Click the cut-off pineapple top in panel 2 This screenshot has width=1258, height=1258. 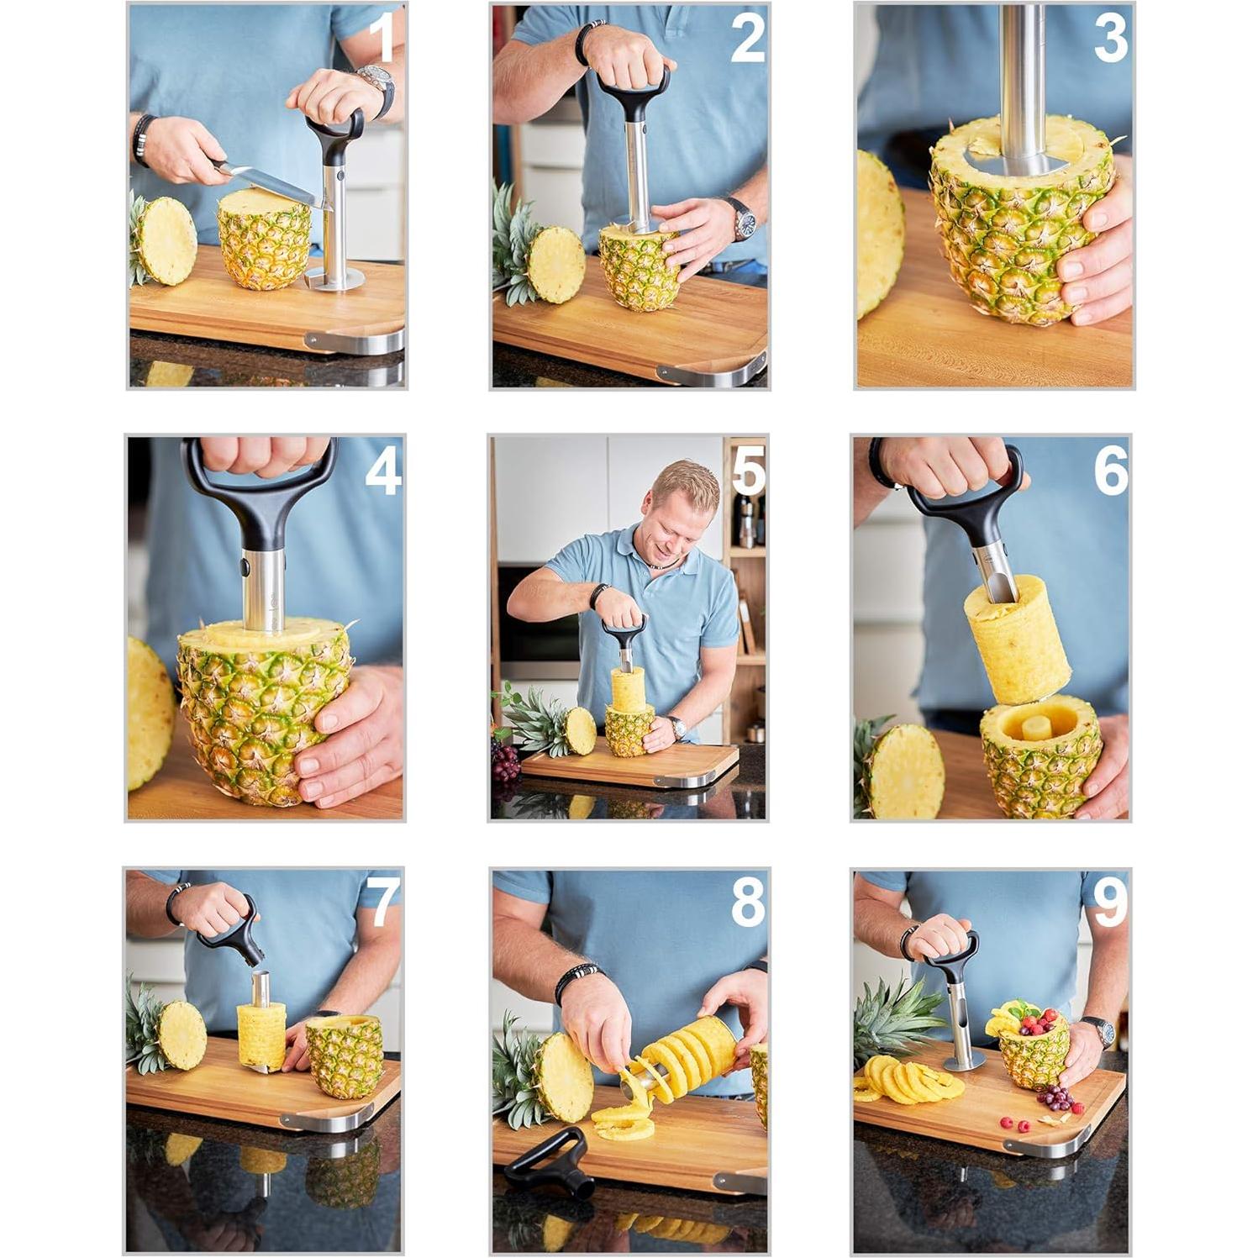pyautogui.click(x=555, y=264)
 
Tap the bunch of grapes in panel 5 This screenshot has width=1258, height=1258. pyautogui.click(x=505, y=761)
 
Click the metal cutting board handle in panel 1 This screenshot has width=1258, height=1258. pyautogui.click(x=353, y=341)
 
